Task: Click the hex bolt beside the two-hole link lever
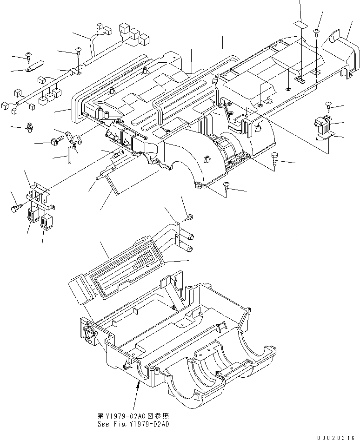pyautogui.click(x=54, y=140)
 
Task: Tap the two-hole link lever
pyautogui.click(x=73, y=137)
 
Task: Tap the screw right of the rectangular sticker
pyautogui.click(x=316, y=32)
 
